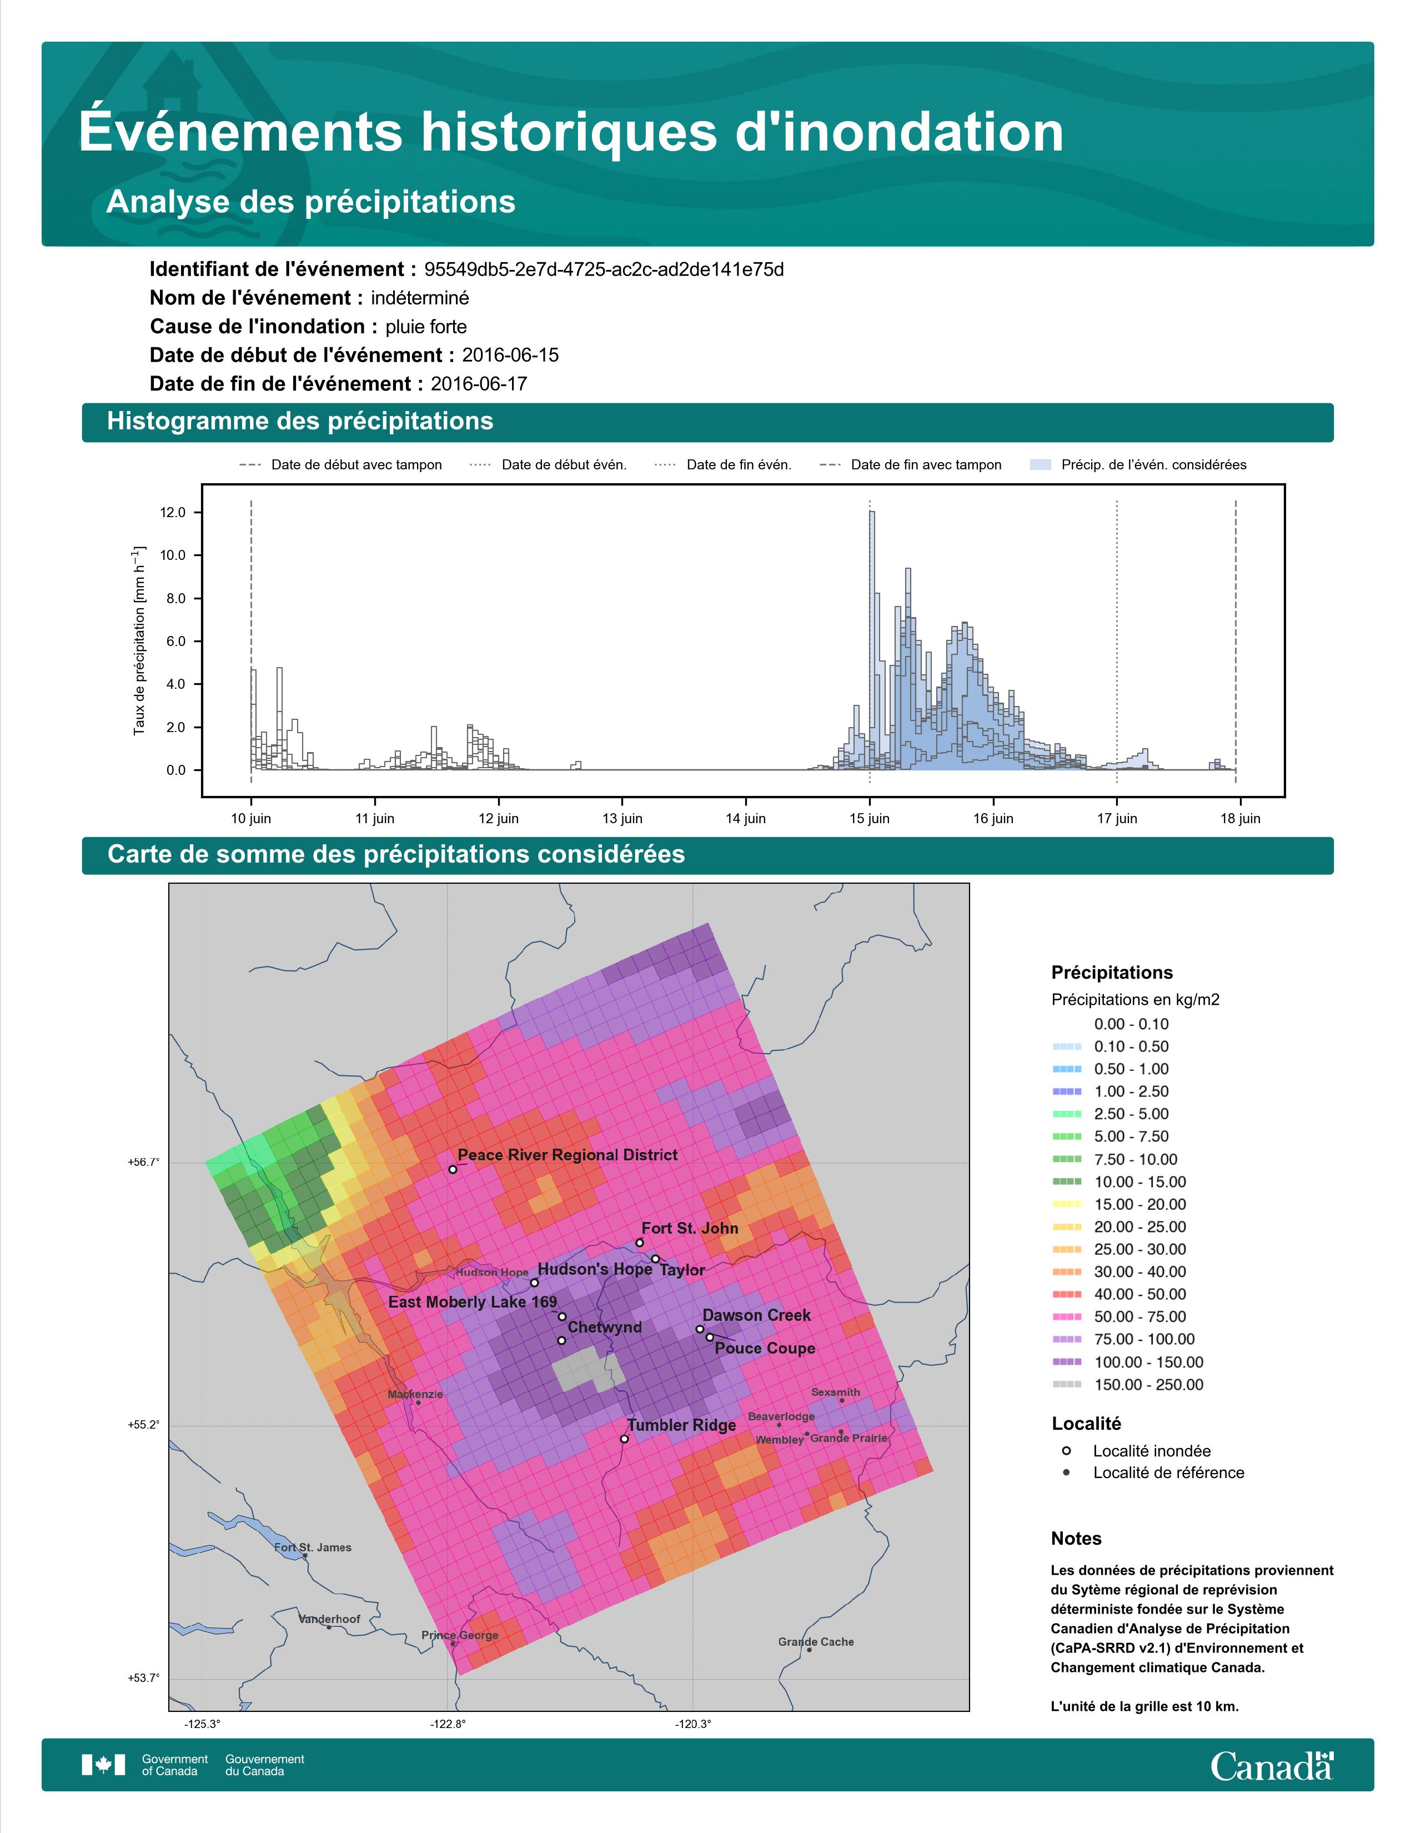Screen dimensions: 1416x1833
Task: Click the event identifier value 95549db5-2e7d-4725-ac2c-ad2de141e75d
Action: [604, 269]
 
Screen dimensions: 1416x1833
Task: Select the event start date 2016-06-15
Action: [510, 355]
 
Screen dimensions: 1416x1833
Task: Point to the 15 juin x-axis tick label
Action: [869, 818]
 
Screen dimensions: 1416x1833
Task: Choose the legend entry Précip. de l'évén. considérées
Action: [1153, 465]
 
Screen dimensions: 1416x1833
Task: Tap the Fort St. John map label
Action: [690, 1228]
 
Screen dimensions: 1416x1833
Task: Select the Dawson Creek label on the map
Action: [757, 1315]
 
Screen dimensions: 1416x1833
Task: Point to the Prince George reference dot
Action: [454, 1644]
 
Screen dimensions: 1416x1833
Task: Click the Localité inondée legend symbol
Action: [1066, 1450]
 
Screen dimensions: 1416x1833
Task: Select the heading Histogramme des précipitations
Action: [300, 422]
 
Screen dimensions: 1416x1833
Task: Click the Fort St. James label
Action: [313, 1547]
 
